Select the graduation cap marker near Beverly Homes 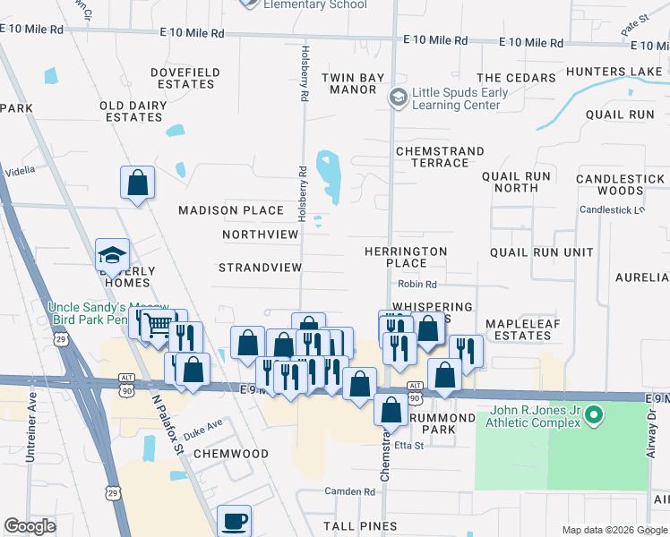[113, 254]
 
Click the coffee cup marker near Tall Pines [235, 520]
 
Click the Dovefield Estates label [183, 78]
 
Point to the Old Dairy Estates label [131, 111]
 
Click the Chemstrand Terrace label [440, 157]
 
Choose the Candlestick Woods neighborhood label [622, 184]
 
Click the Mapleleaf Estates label [519, 329]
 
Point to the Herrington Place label [406, 257]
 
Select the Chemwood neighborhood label [231, 454]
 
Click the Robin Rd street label [417, 285]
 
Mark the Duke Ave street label [202, 430]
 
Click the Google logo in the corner [30, 526]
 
